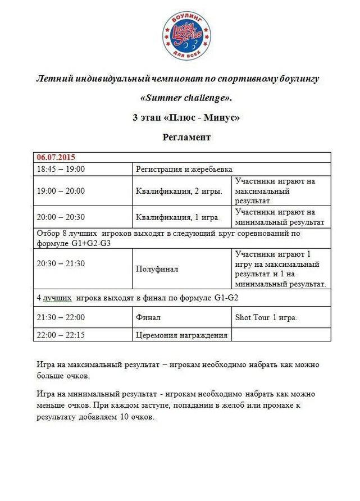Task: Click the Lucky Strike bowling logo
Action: point(187,35)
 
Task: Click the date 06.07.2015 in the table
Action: point(56,157)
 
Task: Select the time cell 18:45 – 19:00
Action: point(61,168)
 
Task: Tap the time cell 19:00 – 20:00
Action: point(61,190)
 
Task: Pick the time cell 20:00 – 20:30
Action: point(61,217)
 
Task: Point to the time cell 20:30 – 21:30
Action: point(61,263)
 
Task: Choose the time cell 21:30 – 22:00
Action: point(61,317)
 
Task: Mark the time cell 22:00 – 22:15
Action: point(61,335)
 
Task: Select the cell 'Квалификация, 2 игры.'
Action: point(179,191)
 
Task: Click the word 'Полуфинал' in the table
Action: point(157,269)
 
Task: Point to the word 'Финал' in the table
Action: point(148,318)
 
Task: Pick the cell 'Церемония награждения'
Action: point(181,335)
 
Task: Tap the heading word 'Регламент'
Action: point(186,137)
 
